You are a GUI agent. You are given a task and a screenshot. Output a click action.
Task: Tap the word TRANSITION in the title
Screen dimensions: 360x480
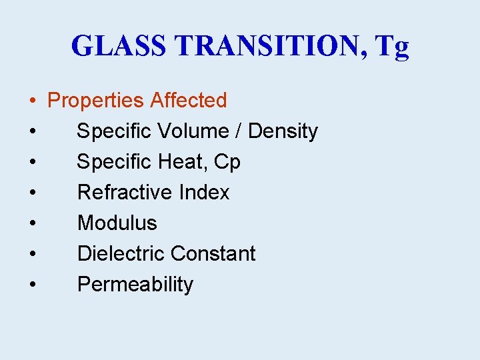click(x=267, y=47)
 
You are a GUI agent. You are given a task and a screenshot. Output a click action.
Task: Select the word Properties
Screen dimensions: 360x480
click(x=96, y=101)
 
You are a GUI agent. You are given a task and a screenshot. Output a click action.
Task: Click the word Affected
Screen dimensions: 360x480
click(x=189, y=101)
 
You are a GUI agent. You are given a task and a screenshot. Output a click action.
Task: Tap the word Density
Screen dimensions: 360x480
click(x=283, y=132)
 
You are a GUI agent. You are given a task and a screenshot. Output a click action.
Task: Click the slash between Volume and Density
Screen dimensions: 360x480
click(x=239, y=131)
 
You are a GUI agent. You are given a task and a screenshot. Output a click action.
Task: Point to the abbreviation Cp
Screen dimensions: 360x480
click(x=227, y=163)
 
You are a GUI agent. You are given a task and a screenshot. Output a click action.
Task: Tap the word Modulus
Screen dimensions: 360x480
click(x=117, y=223)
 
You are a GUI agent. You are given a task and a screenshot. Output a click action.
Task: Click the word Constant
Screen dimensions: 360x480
click(x=213, y=254)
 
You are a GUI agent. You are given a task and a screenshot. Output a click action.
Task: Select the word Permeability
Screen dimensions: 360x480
click(x=135, y=285)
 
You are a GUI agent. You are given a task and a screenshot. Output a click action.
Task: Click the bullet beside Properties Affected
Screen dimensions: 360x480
click(x=32, y=101)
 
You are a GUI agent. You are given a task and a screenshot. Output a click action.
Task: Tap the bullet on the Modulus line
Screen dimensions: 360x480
click(x=32, y=224)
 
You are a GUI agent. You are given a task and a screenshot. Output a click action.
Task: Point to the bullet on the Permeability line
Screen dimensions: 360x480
click(x=32, y=285)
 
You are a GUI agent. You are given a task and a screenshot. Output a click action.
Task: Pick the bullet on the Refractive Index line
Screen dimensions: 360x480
click(x=32, y=193)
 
